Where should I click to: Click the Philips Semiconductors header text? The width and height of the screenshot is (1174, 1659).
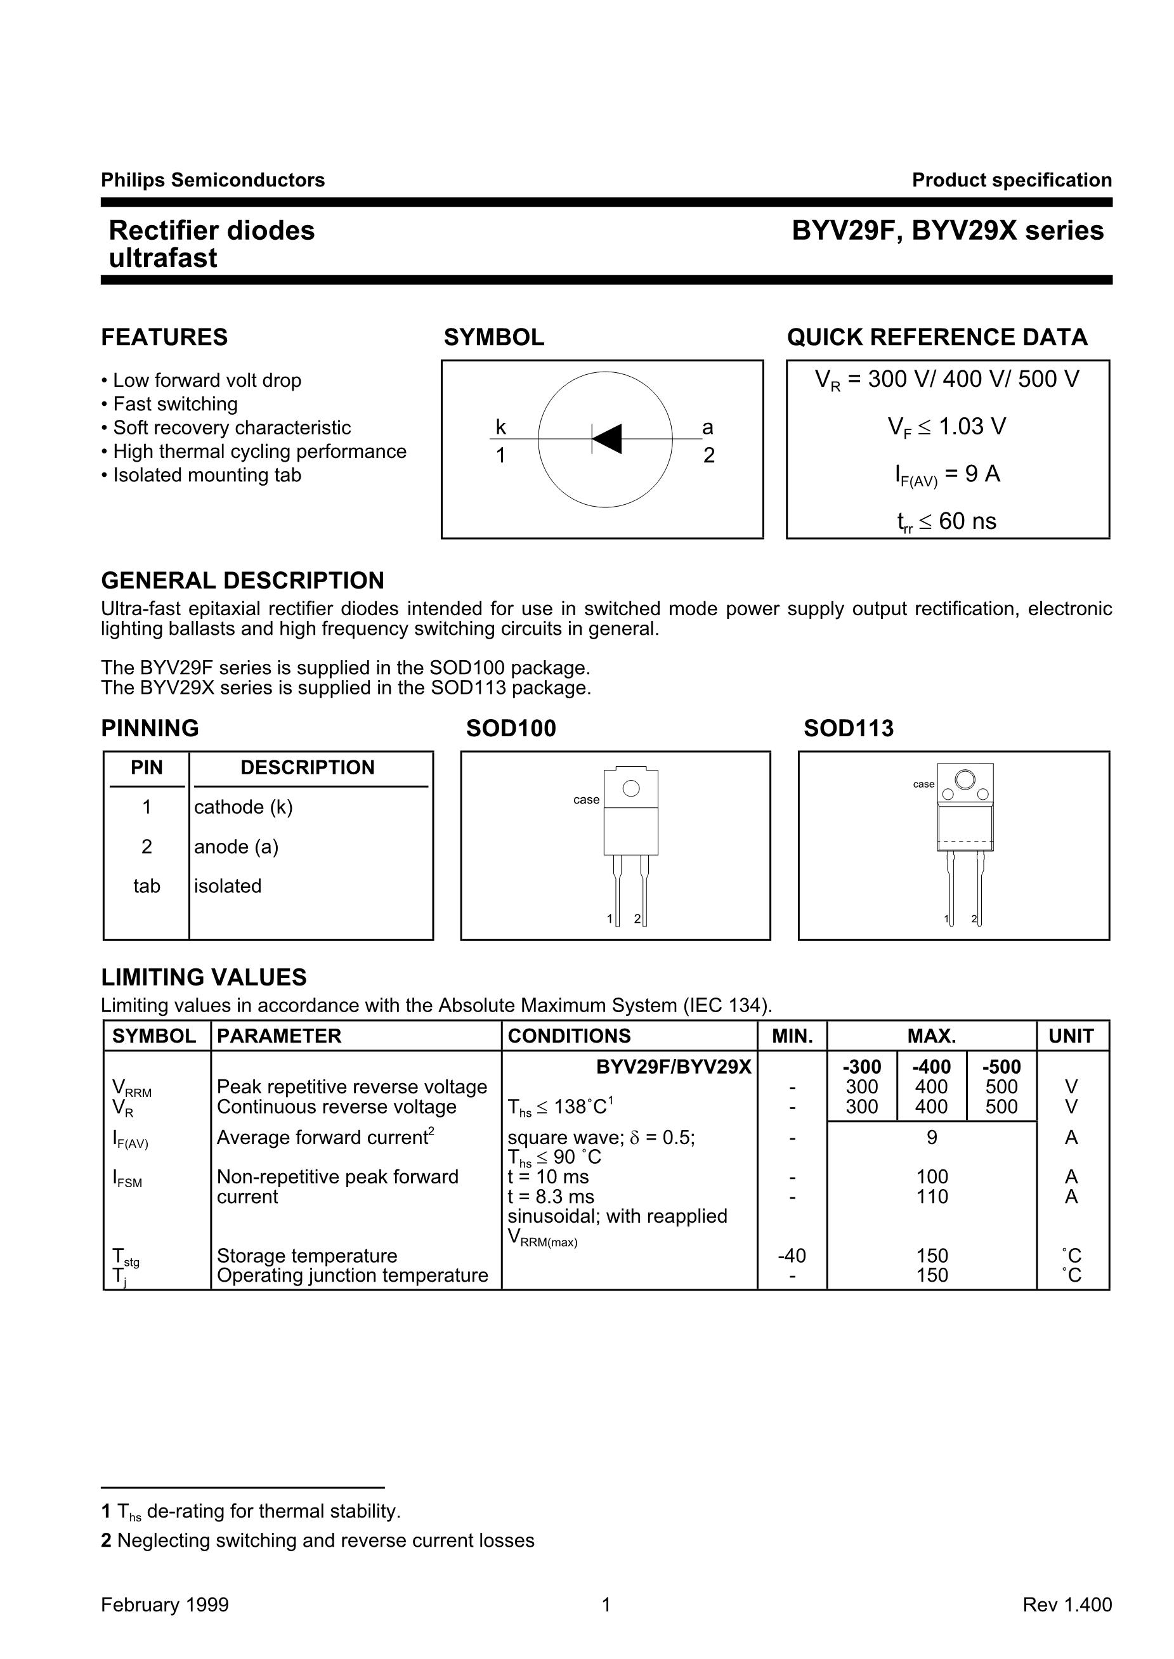point(212,180)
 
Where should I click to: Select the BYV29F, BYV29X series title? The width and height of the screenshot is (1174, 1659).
point(947,231)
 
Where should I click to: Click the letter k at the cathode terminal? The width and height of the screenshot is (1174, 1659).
point(500,428)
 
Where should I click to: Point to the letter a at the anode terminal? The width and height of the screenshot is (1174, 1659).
point(708,428)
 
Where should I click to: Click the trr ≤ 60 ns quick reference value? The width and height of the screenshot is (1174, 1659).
point(946,521)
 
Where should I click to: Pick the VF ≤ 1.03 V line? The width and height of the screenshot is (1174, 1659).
point(946,427)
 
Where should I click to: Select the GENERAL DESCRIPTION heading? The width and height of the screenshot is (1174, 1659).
point(242,581)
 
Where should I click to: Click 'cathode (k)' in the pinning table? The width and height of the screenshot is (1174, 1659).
point(243,807)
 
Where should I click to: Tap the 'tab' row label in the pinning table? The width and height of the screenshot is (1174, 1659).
point(146,886)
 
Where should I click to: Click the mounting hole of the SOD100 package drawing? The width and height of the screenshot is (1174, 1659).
point(631,788)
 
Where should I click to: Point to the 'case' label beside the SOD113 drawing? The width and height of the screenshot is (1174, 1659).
point(923,784)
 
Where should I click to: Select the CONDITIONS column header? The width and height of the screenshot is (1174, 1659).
point(569,1036)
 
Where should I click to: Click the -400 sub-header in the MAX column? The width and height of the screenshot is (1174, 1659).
point(931,1067)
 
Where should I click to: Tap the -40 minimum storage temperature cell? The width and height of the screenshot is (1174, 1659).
point(792,1256)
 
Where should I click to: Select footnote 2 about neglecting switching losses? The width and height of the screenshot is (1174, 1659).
point(318,1540)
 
